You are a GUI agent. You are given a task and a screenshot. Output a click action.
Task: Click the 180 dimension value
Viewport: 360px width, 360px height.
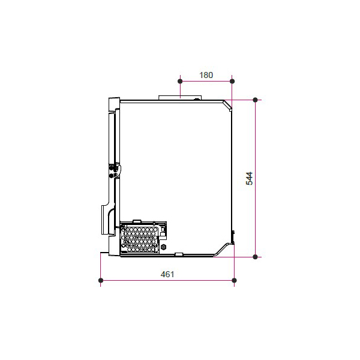(206, 75)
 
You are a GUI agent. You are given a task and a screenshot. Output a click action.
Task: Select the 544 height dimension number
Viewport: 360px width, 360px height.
(249, 178)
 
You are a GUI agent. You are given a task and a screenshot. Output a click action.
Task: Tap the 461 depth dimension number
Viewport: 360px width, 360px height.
(167, 274)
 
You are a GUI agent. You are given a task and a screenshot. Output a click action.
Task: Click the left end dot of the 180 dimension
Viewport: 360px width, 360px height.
(180, 81)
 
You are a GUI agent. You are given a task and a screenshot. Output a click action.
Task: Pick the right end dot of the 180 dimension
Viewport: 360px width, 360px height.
(232, 81)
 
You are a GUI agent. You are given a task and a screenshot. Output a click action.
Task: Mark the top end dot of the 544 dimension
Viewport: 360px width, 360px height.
(255, 100)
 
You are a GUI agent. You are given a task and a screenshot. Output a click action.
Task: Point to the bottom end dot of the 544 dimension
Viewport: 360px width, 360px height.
(255, 257)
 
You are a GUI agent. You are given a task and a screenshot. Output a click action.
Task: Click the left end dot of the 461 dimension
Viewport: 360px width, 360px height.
(101, 280)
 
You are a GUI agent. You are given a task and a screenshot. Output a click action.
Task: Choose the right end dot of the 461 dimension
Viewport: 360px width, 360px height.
(234, 280)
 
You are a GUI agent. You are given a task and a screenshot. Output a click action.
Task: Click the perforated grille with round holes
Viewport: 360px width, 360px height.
(140, 239)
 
